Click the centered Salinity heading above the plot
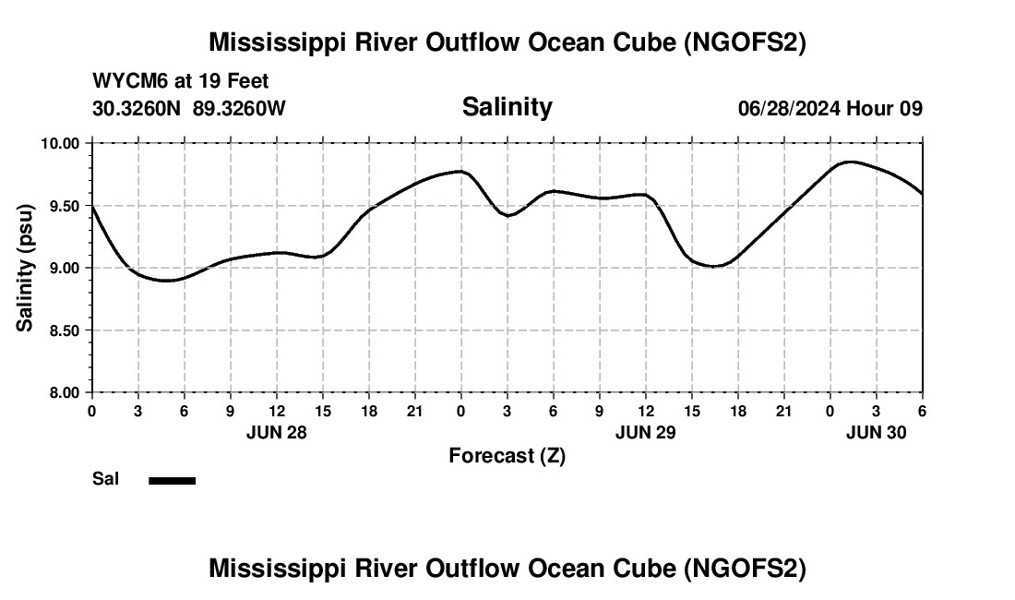point(507,107)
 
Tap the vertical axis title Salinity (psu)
point(26,268)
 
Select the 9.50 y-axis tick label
point(65,206)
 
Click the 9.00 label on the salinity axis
point(65,268)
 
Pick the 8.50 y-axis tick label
point(65,330)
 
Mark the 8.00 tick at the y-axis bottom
point(65,392)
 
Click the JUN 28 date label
point(276,432)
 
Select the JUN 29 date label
point(645,432)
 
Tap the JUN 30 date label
point(876,432)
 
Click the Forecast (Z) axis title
point(507,455)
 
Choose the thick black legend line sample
point(172,480)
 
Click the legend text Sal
point(104,479)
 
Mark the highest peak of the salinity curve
point(849,162)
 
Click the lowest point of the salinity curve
point(166,280)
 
